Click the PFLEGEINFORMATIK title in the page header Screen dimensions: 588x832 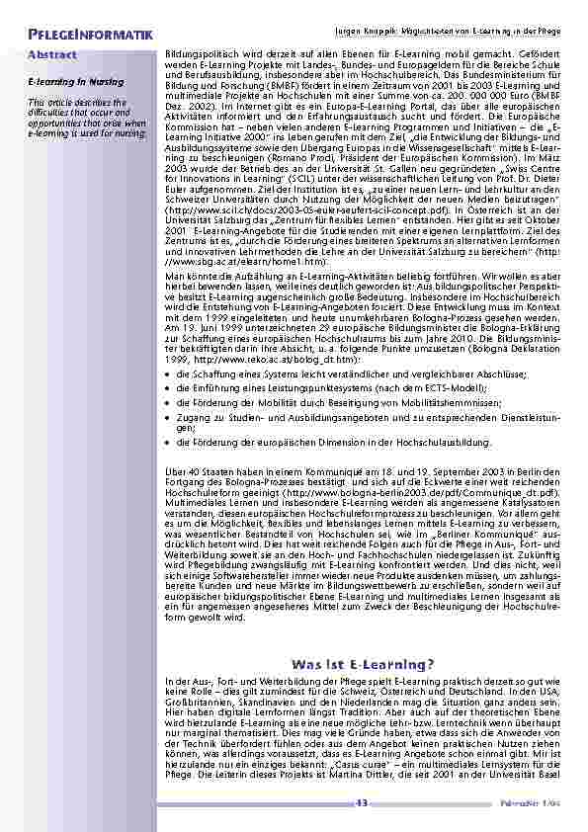pyautogui.click(x=90, y=36)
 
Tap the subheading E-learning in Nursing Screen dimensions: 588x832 pyautogui.click(x=66, y=83)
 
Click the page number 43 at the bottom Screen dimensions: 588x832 pyautogui.click(x=363, y=802)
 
